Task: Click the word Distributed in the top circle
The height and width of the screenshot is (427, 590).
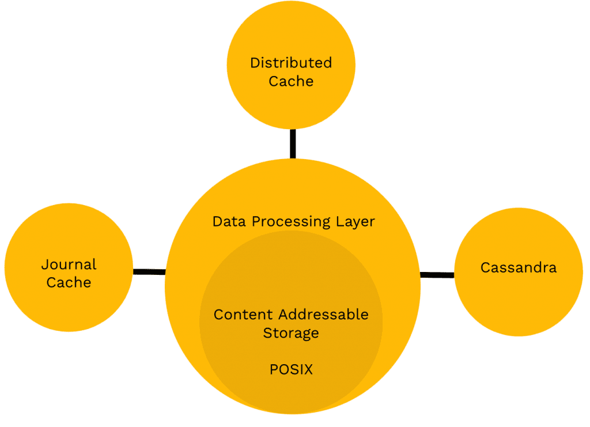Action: tap(291, 63)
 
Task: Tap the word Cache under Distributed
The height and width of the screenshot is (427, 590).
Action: tap(291, 81)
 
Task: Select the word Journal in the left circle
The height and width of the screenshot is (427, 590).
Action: tap(69, 265)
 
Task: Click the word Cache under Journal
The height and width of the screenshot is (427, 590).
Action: tap(69, 282)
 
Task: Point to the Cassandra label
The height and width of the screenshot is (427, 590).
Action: tap(519, 267)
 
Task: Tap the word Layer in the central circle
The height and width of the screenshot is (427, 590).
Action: tap(355, 221)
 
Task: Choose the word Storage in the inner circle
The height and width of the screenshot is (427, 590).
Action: tap(291, 332)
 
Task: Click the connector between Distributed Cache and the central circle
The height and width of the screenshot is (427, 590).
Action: tap(293, 143)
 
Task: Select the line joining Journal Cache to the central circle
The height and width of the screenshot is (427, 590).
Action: tap(149, 271)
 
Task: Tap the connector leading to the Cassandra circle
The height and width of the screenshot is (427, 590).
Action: tap(437, 275)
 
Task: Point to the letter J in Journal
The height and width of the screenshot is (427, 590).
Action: tap(44, 265)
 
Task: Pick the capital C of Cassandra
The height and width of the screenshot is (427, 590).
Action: tap(485, 267)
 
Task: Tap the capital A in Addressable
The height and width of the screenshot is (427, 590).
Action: tap(283, 315)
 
